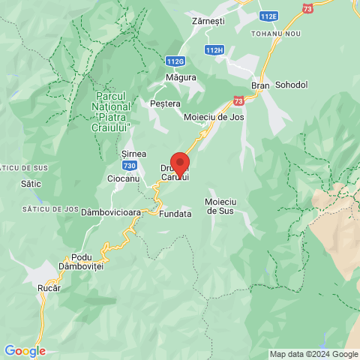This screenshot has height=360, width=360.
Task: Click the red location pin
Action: pos(179,163)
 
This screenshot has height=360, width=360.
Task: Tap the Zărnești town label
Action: pos(208,22)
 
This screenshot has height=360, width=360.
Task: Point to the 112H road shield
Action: pos(214,50)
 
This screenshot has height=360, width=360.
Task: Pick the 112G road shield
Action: pos(175,61)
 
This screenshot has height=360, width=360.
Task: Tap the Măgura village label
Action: pos(181,77)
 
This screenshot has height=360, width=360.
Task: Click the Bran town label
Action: pos(260,85)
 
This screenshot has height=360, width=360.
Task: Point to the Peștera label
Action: pos(165,103)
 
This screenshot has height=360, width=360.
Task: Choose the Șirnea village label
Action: pos(133,153)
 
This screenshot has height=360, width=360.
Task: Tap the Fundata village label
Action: pos(175,214)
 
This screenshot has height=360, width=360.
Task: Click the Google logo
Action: pos(25,351)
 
